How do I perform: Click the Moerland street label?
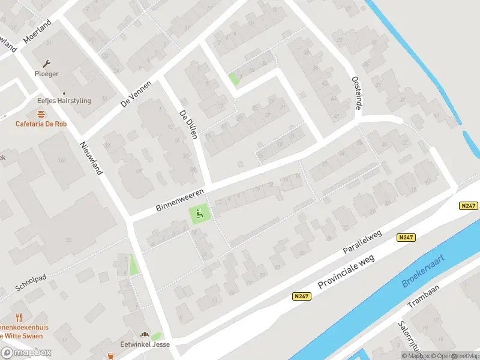click(37, 31)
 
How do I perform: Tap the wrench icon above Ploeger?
click(46, 63)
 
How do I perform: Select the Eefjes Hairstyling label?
click(64, 101)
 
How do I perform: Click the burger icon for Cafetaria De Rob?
click(41, 114)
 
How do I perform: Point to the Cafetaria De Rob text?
click(41, 124)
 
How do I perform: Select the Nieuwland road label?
click(91, 158)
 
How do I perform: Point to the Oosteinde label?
click(356, 94)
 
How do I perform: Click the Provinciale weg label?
click(346, 273)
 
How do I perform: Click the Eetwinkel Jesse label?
click(145, 344)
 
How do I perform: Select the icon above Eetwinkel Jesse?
click(144, 334)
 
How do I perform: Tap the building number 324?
click(61, 160)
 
